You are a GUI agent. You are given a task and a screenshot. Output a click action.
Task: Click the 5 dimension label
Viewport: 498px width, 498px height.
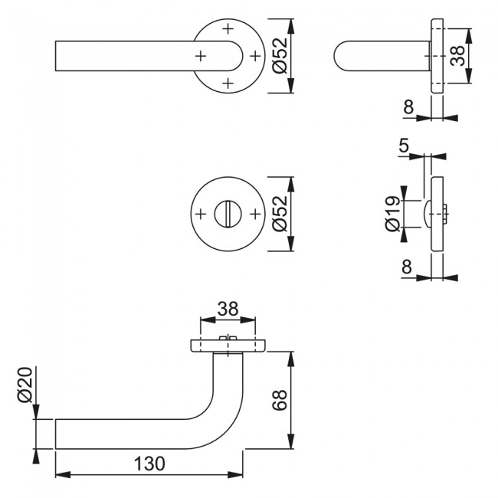(403, 143)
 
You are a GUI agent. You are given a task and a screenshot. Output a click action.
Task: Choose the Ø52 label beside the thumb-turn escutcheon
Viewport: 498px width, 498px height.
(280, 213)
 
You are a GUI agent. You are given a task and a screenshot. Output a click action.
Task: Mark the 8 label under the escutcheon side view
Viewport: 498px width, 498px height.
(408, 267)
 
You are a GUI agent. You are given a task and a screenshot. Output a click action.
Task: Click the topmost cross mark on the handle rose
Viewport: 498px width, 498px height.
(228, 29)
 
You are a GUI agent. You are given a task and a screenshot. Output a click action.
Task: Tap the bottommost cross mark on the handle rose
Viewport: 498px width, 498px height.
(228, 82)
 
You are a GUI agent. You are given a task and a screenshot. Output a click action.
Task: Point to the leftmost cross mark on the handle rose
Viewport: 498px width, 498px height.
(201, 56)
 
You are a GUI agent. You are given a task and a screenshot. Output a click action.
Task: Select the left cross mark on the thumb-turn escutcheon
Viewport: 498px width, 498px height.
(201, 213)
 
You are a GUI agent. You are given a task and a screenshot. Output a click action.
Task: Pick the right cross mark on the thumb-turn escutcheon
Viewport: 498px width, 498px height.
(255, 213)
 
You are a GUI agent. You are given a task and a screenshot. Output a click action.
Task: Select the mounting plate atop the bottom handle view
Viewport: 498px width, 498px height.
(228, 346)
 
